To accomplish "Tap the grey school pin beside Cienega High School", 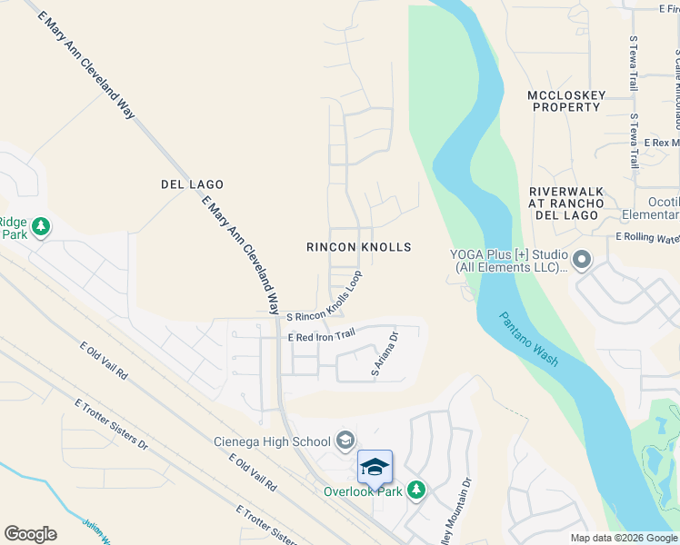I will click(x=345, y=441).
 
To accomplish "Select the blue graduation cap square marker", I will click(x=375, y=467).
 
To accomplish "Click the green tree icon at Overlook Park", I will click(x=415, y=490).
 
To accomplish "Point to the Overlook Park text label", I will click(x=363, y=491).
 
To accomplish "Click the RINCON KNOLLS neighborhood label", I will click(x=358, y=247).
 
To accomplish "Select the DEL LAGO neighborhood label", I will click(x=192, y=184).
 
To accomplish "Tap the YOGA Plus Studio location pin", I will click(x=582, y=261).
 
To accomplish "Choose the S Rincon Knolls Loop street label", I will click(x=325, y=297).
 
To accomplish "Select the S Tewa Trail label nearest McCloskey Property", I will click(x=634, y=141).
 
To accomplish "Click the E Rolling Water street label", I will click(x=647, y=238).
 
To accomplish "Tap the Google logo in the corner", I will click(x=30, y=534).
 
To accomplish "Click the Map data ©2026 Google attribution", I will click(x=624, y=538).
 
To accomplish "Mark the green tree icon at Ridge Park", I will click(x=40, y=224).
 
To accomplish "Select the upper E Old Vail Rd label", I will click(x=104, y=361).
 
